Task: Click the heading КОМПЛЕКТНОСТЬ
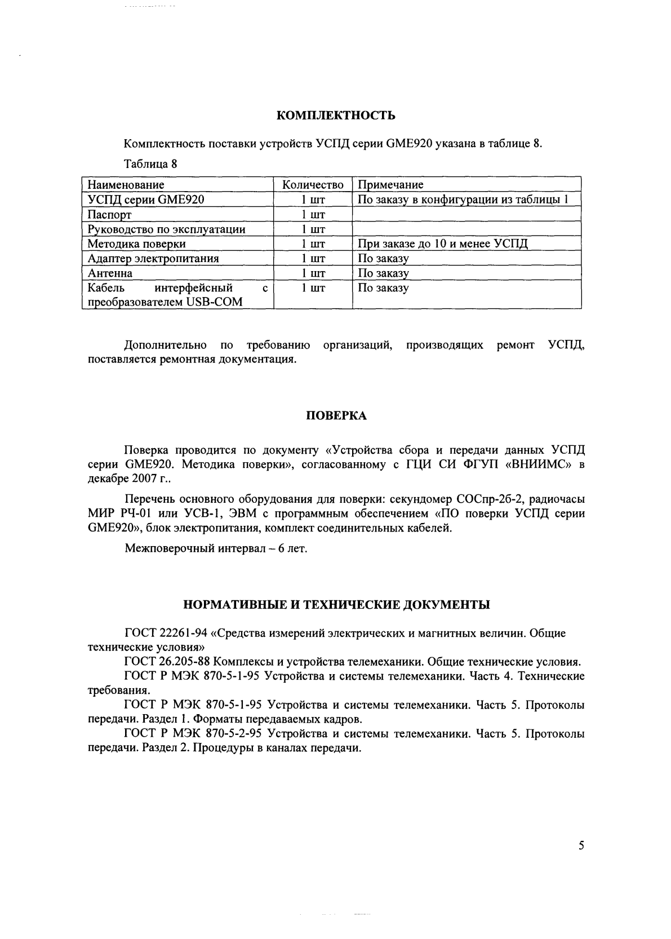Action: pyautogui.click(x=336, y=116)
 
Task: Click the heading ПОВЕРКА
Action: pyautogui.click(x=336, y=416)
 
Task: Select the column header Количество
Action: pyautogui.click(x=313, y=185)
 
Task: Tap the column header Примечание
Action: pyautogui.click(x=390, y=185)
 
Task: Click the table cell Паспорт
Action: pyautogui.click(x=110, y=215)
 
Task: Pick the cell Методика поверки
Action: pyautogui.click(x=137, y=244)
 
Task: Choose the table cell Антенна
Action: pyautogui.click(x=110, y=273)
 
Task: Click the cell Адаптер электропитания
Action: pyautogui.click(x=153, y=259)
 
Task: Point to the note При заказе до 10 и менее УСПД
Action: pyautogui.click(x=443, y=244)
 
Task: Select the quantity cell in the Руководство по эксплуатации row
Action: pyautogui.click(x=313, y=229)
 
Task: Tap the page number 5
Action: pyautogui.click(x=581, y=846)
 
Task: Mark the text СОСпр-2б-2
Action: pyautogui.click(x=488, y=499)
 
